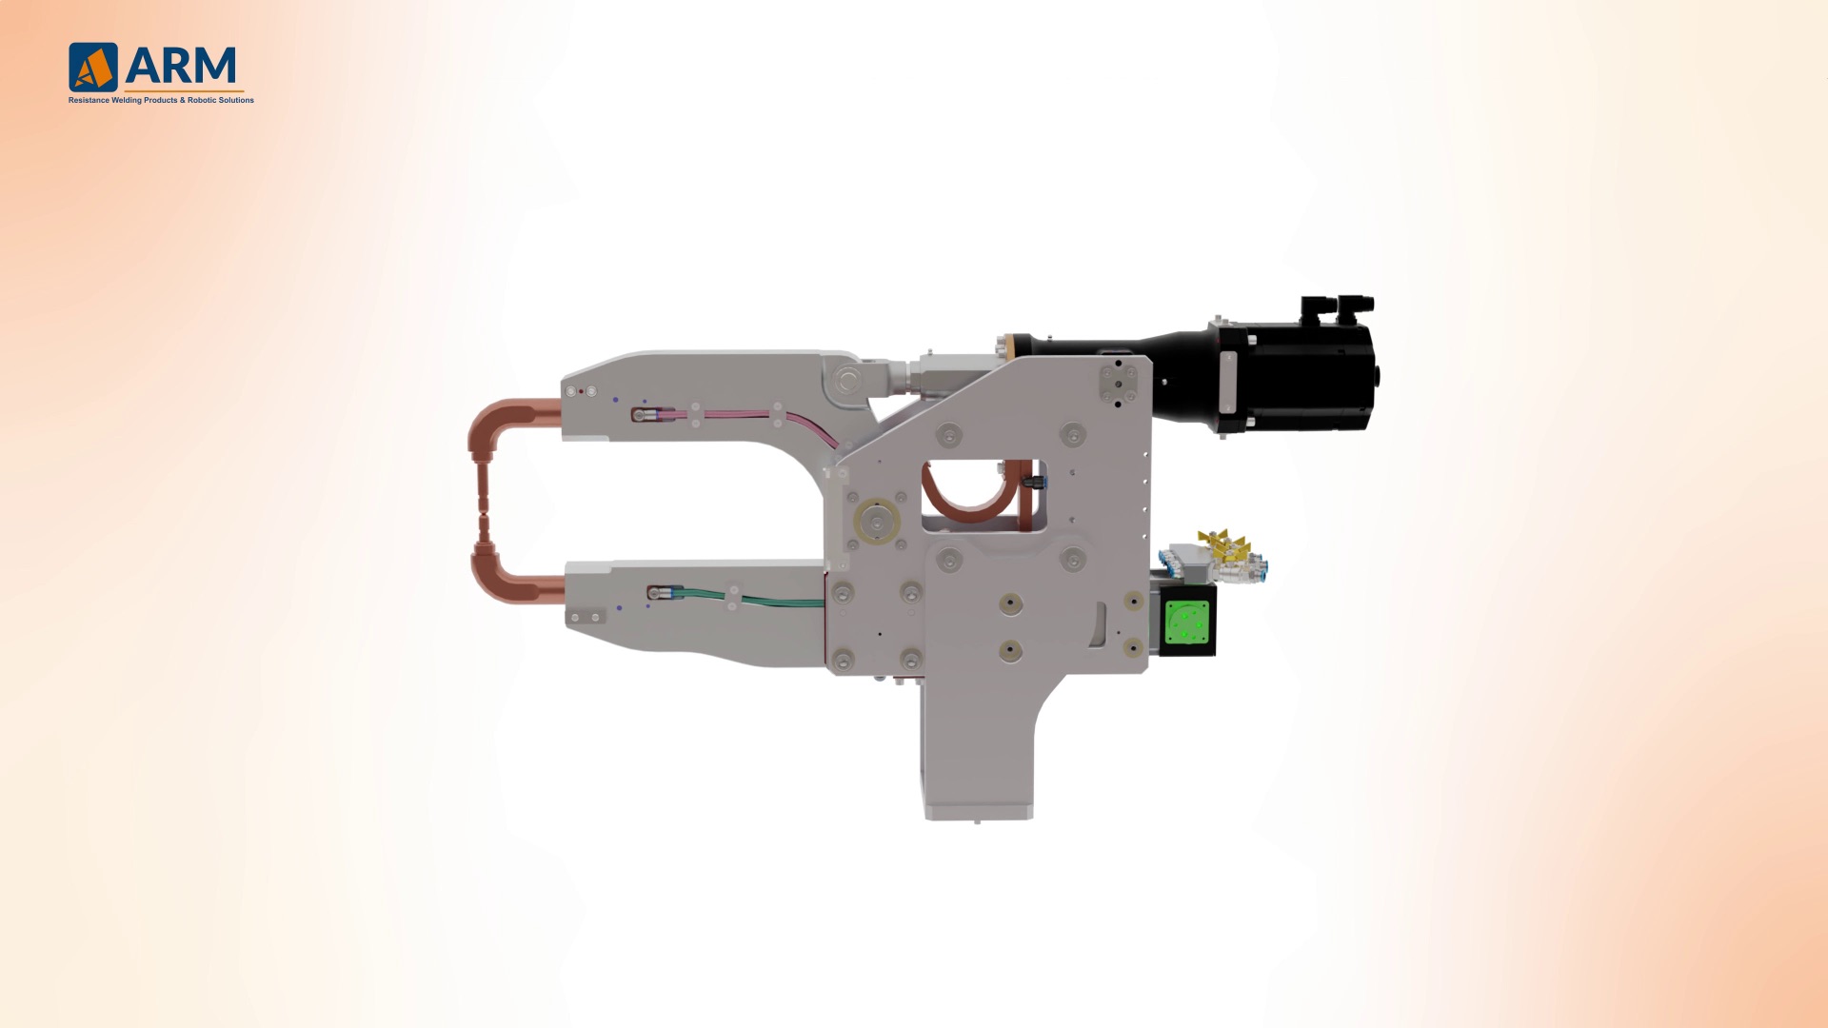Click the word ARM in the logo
181,66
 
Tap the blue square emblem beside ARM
93,67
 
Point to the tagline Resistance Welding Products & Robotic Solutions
161,100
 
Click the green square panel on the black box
1187,621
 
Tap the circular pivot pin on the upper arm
844,381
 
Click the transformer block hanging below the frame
977,752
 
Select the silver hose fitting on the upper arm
646,415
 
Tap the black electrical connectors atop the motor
1338,308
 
